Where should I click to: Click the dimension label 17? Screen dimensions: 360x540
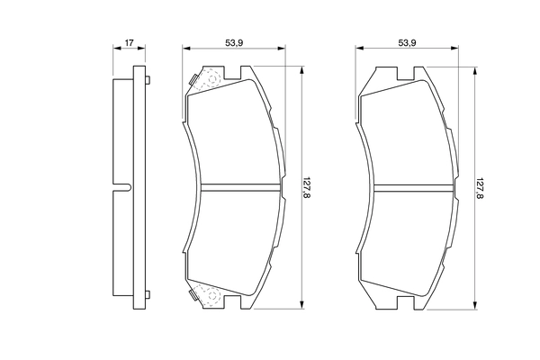[x=130, y=42]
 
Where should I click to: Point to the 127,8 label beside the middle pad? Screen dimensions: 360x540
[x=307, y=188]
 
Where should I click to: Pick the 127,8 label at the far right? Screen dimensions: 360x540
[x=480, y=188]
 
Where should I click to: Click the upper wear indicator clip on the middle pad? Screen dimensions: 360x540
[x=205, y=81]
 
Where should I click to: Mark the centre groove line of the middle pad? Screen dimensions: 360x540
[x=236, y=188]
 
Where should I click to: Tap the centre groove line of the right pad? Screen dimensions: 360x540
[x=409, y=188]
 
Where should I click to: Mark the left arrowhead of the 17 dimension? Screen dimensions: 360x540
[x=115, y=49]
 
